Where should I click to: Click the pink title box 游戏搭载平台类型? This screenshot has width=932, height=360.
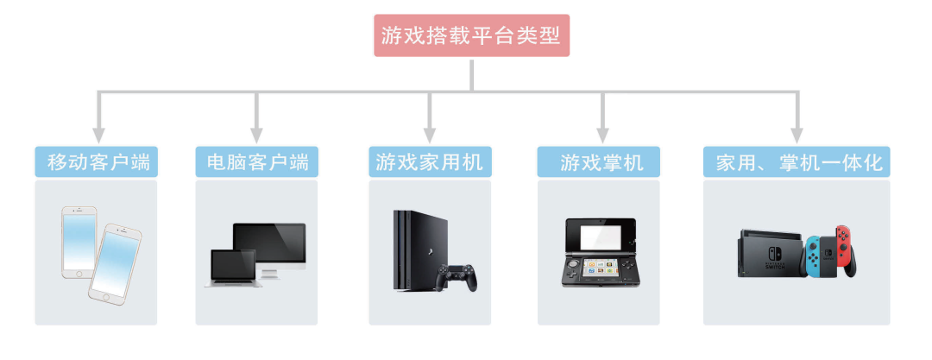click(x=471, y=35)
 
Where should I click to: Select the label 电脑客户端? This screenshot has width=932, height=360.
click(x=256, y=161)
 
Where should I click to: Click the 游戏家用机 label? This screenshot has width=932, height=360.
click(x=430, y=161)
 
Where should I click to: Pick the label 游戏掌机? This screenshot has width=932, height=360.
click(x=601, y=161)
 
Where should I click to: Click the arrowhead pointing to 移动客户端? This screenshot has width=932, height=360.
click(x=98, y=134)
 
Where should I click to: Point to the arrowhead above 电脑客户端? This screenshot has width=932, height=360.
click(x=256, y=134)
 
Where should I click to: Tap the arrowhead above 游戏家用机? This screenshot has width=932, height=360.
click(x=430, y=134)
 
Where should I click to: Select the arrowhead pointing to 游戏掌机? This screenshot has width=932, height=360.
click(x=602, y=134)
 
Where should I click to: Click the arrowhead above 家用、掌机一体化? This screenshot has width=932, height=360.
click(x=797, y=134)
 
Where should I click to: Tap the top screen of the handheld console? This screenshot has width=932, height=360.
click(x=601, y=236)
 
